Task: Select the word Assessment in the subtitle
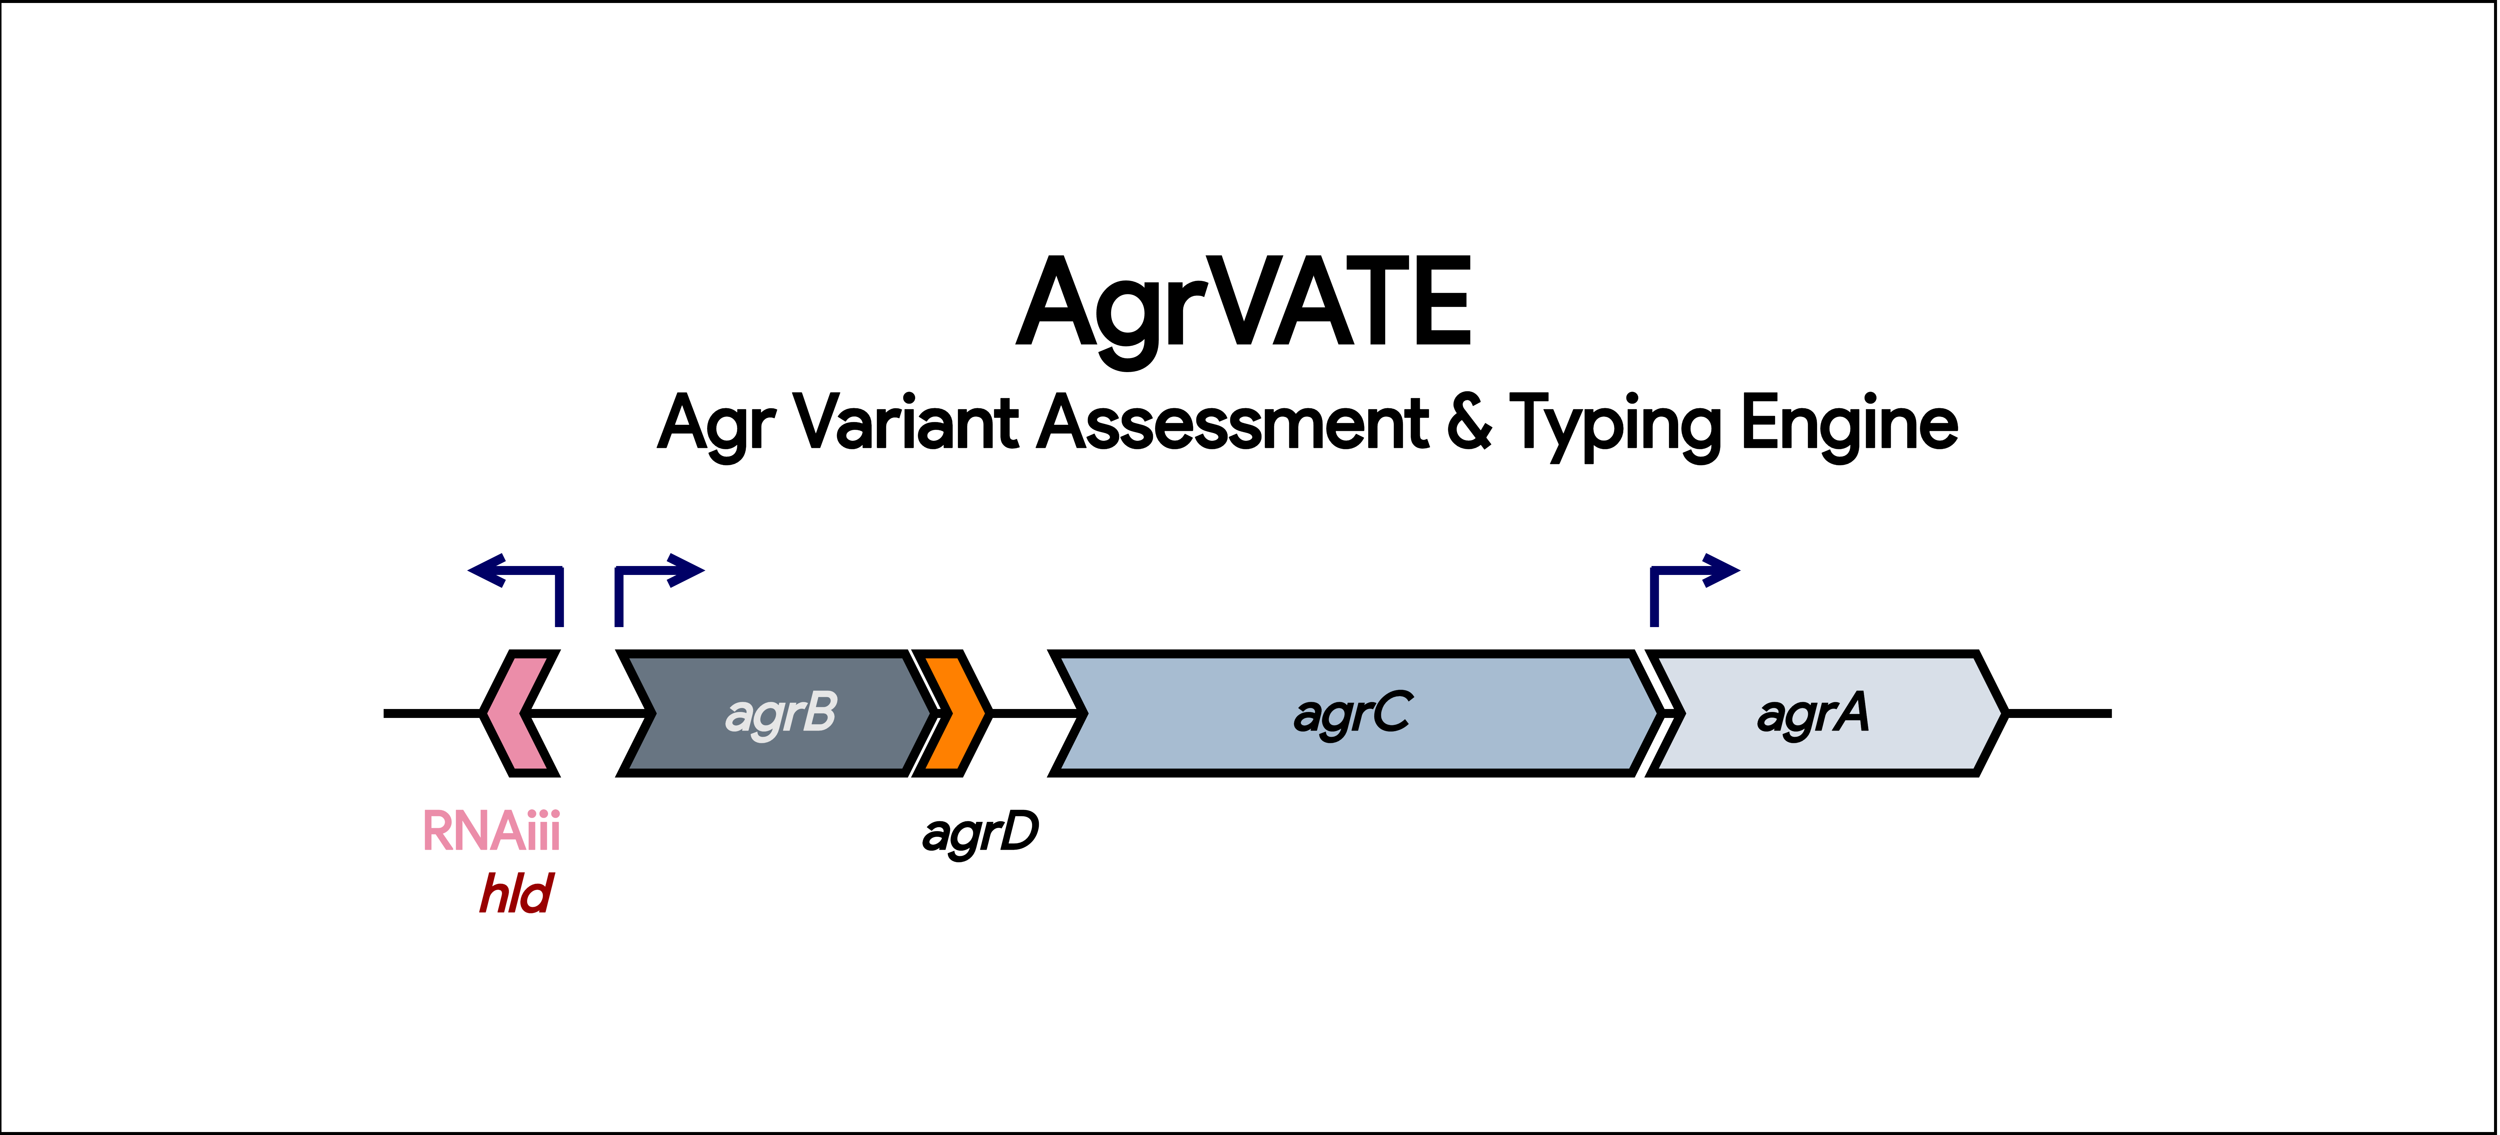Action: tap(1232, 423)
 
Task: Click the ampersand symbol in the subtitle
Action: tap(1469, 423)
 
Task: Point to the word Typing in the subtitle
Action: tap(1616, 427)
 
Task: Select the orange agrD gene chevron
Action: tap(953, 713)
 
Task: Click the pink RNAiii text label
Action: tap(491, 831)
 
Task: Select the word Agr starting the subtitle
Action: tap(716, 427)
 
